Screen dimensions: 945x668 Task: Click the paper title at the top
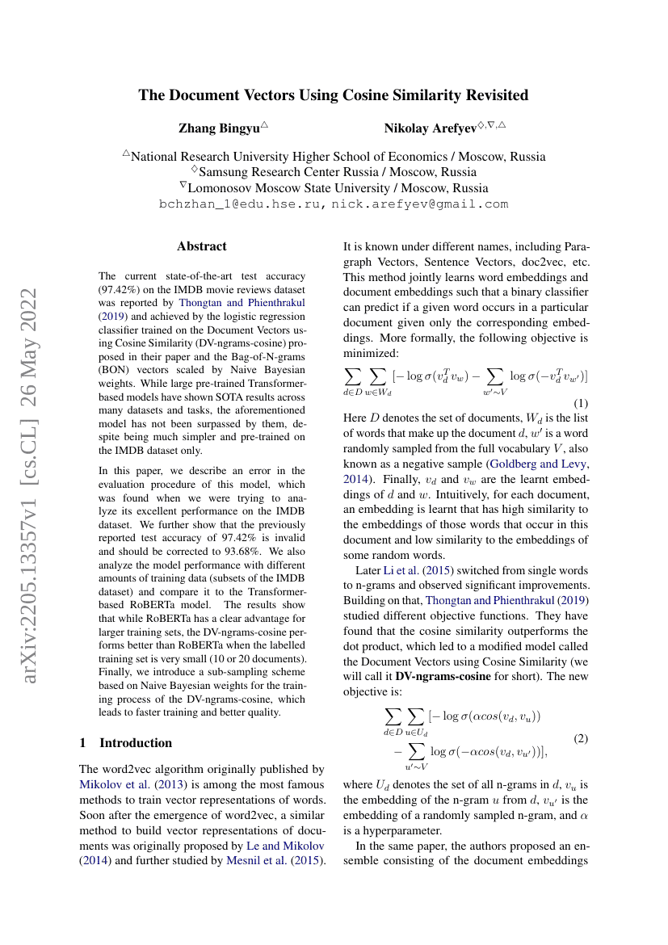tap(334, 95)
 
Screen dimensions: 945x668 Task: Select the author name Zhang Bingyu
tap(218, 128)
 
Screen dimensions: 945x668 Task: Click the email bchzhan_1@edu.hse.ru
tap(242, 204)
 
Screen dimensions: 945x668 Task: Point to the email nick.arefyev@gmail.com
tap(420, 204)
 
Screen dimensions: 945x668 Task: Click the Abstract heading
tap(202, 246)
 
